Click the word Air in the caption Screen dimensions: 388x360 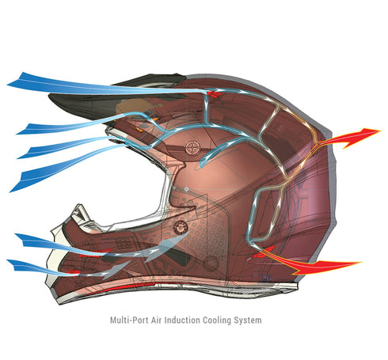coord(157,320)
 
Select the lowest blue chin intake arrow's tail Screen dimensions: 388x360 coord(17,265)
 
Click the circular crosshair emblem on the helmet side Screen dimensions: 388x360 coord(193,148)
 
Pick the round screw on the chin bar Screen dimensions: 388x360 coord(181,227)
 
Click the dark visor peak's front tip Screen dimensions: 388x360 coord(50,96)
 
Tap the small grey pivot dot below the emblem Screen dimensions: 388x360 coord(186,189)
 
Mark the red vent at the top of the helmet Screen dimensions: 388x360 coord(213,93)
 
